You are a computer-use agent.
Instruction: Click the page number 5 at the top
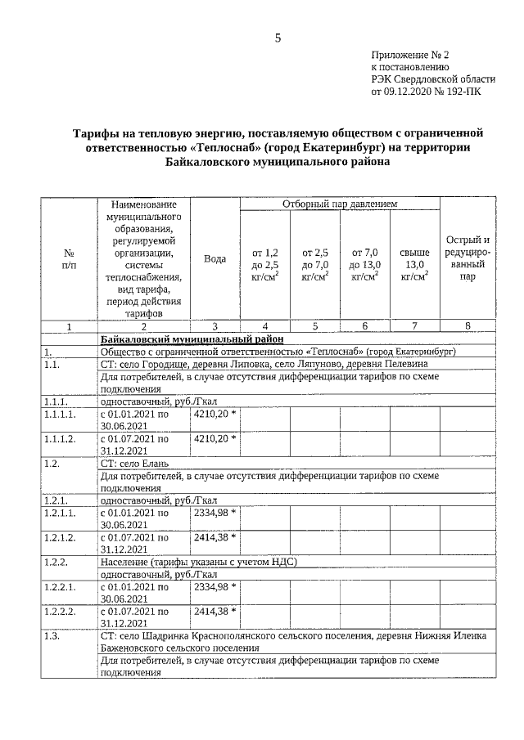tap(278, 38)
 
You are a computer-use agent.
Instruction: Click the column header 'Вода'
tap(215, 258)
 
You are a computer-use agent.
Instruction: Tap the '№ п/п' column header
tap(69, 258)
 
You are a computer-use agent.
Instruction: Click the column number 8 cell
tap(468, 325)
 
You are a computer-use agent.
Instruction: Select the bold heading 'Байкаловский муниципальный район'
tap(192, 338)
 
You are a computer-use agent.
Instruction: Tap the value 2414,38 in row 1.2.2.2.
tap(215, 610)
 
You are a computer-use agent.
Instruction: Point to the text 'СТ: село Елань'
tap(134, 463)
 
